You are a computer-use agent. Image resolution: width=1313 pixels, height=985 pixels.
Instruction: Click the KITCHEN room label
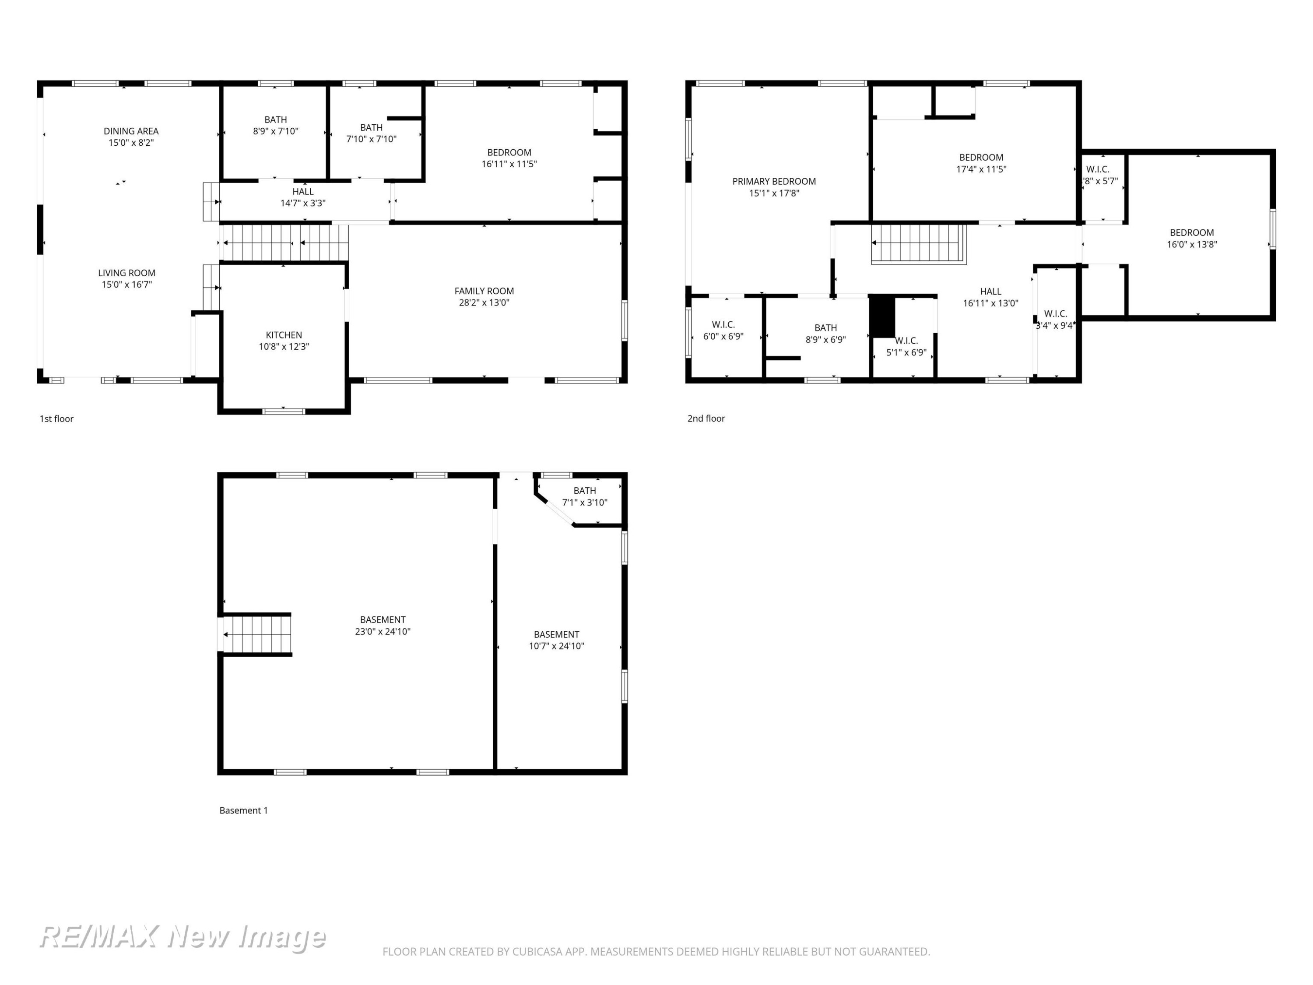click(284, 335)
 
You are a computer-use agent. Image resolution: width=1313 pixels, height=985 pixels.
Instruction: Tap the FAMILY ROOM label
click(484, 291)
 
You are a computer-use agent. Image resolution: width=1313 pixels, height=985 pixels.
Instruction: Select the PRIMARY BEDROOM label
click(774, 182)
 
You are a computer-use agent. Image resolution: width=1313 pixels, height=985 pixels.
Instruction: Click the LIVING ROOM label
click(126, 273)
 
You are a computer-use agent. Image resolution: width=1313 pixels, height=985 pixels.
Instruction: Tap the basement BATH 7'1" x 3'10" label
click(585, 496)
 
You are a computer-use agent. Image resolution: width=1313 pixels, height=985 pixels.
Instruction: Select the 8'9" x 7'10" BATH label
click(275, 125)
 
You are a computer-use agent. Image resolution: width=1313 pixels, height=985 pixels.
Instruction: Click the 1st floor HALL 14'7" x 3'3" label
click(303, 197)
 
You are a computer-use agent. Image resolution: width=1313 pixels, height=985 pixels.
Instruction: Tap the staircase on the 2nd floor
click(919, 243)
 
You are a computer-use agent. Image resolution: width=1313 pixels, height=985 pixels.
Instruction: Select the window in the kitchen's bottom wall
click(284, 411)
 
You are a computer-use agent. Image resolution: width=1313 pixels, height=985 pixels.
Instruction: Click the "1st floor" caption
click(56, 419)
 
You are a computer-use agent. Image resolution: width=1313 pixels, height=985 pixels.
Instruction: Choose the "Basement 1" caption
click(243, 810)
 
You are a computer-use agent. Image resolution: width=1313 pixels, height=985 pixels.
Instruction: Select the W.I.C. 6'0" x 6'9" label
click(723, 330)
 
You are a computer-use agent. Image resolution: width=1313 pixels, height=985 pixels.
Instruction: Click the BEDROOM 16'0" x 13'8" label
click(1192, 238)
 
